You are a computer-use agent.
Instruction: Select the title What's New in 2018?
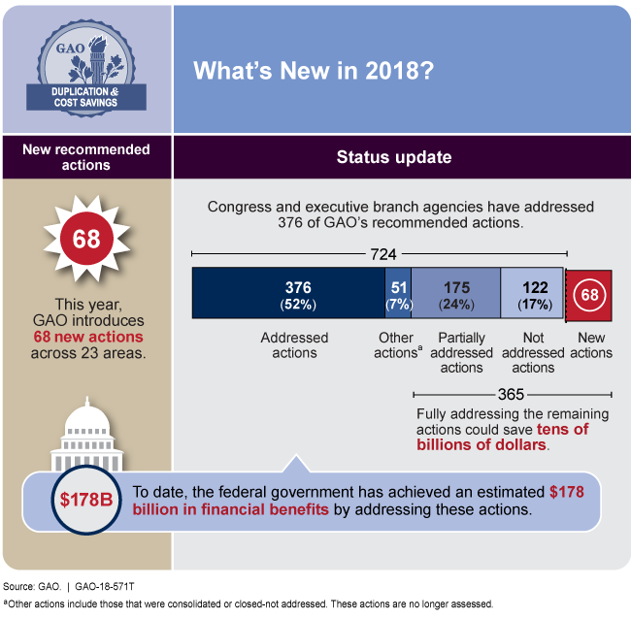click(314, 72)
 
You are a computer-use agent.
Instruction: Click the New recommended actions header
click(86, 157)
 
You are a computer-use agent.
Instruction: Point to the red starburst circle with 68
click(86, 239)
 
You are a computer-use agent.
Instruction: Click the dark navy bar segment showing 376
click(288, 293)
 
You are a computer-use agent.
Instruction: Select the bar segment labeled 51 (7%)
click(398, 293)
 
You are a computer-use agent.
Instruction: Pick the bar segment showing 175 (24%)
click(456, 293)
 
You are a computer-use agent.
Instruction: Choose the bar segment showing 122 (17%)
click(532, 293)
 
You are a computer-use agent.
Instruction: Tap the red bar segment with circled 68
click(588, 294)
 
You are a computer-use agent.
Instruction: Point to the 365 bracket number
click(512, 394)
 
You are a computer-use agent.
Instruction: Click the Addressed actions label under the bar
click(294, 345)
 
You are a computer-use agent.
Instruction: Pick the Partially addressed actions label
click(461, 352)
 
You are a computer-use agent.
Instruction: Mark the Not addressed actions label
click(533, 352)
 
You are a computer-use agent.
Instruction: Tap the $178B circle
click(76, 501)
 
